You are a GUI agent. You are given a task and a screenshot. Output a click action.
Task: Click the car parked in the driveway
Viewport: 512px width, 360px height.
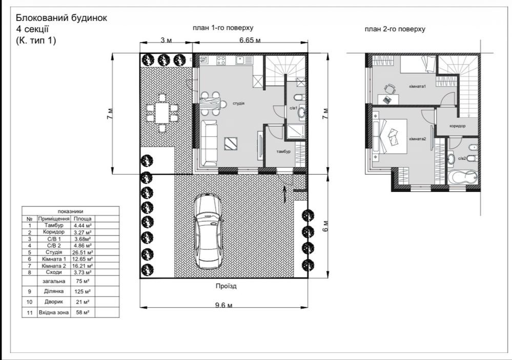click(208, 231)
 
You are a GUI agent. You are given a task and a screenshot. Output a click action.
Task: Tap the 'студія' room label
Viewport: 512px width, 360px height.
click(239, 103)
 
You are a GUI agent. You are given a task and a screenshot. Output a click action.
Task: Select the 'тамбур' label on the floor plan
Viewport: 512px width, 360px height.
click(283, 152)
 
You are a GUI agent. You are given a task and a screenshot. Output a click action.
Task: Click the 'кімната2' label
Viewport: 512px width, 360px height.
click(418, 139)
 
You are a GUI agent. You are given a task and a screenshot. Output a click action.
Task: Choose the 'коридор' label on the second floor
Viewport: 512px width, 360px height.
click(458, 125)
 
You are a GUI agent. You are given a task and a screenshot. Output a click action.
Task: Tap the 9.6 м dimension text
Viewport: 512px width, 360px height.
click(223, 306)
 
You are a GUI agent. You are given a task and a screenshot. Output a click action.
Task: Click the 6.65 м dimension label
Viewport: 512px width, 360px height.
click(250, 40)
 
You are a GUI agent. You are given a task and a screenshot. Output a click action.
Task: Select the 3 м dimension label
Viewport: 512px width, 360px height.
click(166, 40)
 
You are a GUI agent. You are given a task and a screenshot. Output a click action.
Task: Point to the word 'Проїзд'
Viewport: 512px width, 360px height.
click(226, 286)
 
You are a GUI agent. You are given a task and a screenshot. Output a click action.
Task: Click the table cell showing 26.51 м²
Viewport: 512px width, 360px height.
click(83, 252)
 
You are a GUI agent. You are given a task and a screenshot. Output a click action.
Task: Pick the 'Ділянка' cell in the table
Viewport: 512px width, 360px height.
click(54, 291)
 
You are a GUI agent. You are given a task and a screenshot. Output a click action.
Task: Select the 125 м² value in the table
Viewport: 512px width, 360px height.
click(83, 291)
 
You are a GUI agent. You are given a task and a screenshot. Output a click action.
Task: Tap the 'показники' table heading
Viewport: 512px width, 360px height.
click(70, 211)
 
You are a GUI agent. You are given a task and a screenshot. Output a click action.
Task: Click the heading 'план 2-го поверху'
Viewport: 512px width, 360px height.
click(395, 29)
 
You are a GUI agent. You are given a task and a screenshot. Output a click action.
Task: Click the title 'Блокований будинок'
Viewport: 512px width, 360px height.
click(62, 17)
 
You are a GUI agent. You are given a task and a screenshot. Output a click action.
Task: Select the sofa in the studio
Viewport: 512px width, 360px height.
click(209, 143)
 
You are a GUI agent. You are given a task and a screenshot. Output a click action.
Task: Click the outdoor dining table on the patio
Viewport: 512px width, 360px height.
click(162, 113)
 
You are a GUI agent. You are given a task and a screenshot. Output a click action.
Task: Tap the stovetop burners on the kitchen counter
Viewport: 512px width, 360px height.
click(221, 60)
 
